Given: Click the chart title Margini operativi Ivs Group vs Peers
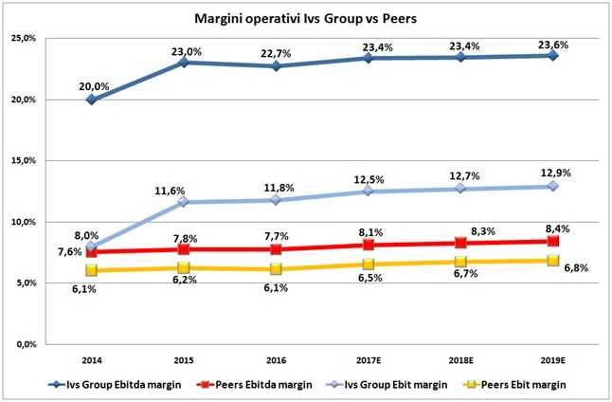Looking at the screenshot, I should tap(305, 18).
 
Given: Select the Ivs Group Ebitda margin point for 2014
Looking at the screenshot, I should tap(91, 100).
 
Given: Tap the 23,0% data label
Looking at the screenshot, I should tap(184, 52).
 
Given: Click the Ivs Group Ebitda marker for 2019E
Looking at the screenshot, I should tap(553, 56).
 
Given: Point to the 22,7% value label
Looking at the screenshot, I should tap(277, 55).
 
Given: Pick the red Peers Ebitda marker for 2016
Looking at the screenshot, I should tap(276, 249).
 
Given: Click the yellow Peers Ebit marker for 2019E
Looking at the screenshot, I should tap(553, 261).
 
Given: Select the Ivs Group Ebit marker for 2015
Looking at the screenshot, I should tap(184, 202).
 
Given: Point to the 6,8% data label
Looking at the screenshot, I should tap(575, 268).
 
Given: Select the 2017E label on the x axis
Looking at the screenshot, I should tap(369, 361).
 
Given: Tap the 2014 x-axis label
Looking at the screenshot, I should tap(91, 361).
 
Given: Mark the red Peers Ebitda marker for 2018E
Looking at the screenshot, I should tap(460, 244).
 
